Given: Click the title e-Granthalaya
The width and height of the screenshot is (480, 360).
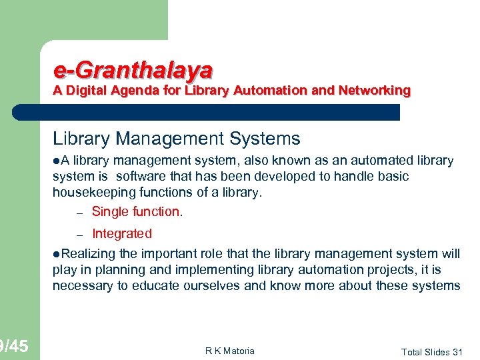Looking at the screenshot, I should click(133, 69).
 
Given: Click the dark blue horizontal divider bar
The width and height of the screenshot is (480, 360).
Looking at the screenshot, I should click(207, 112).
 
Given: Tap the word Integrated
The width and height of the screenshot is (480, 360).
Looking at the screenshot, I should click(122, 233).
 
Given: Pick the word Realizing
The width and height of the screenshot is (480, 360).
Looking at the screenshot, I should click(86, 253).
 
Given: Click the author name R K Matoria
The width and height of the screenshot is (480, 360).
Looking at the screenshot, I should click(230, 351).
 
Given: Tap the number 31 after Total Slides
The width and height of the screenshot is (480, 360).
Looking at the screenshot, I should click(457, 351).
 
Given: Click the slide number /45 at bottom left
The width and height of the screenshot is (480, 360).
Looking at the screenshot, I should click(15, 346).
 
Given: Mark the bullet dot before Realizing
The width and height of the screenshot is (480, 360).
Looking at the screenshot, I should click(57, 253).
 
